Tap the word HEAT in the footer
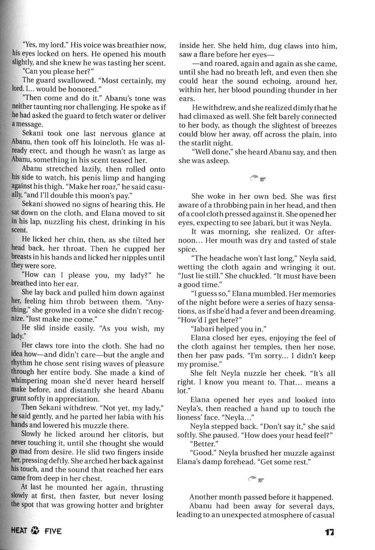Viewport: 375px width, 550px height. pos(20,531)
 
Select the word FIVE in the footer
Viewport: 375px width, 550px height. pos(53,531)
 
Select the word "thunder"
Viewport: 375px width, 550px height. pos(305,90)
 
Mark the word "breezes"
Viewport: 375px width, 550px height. pos(322,126)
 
